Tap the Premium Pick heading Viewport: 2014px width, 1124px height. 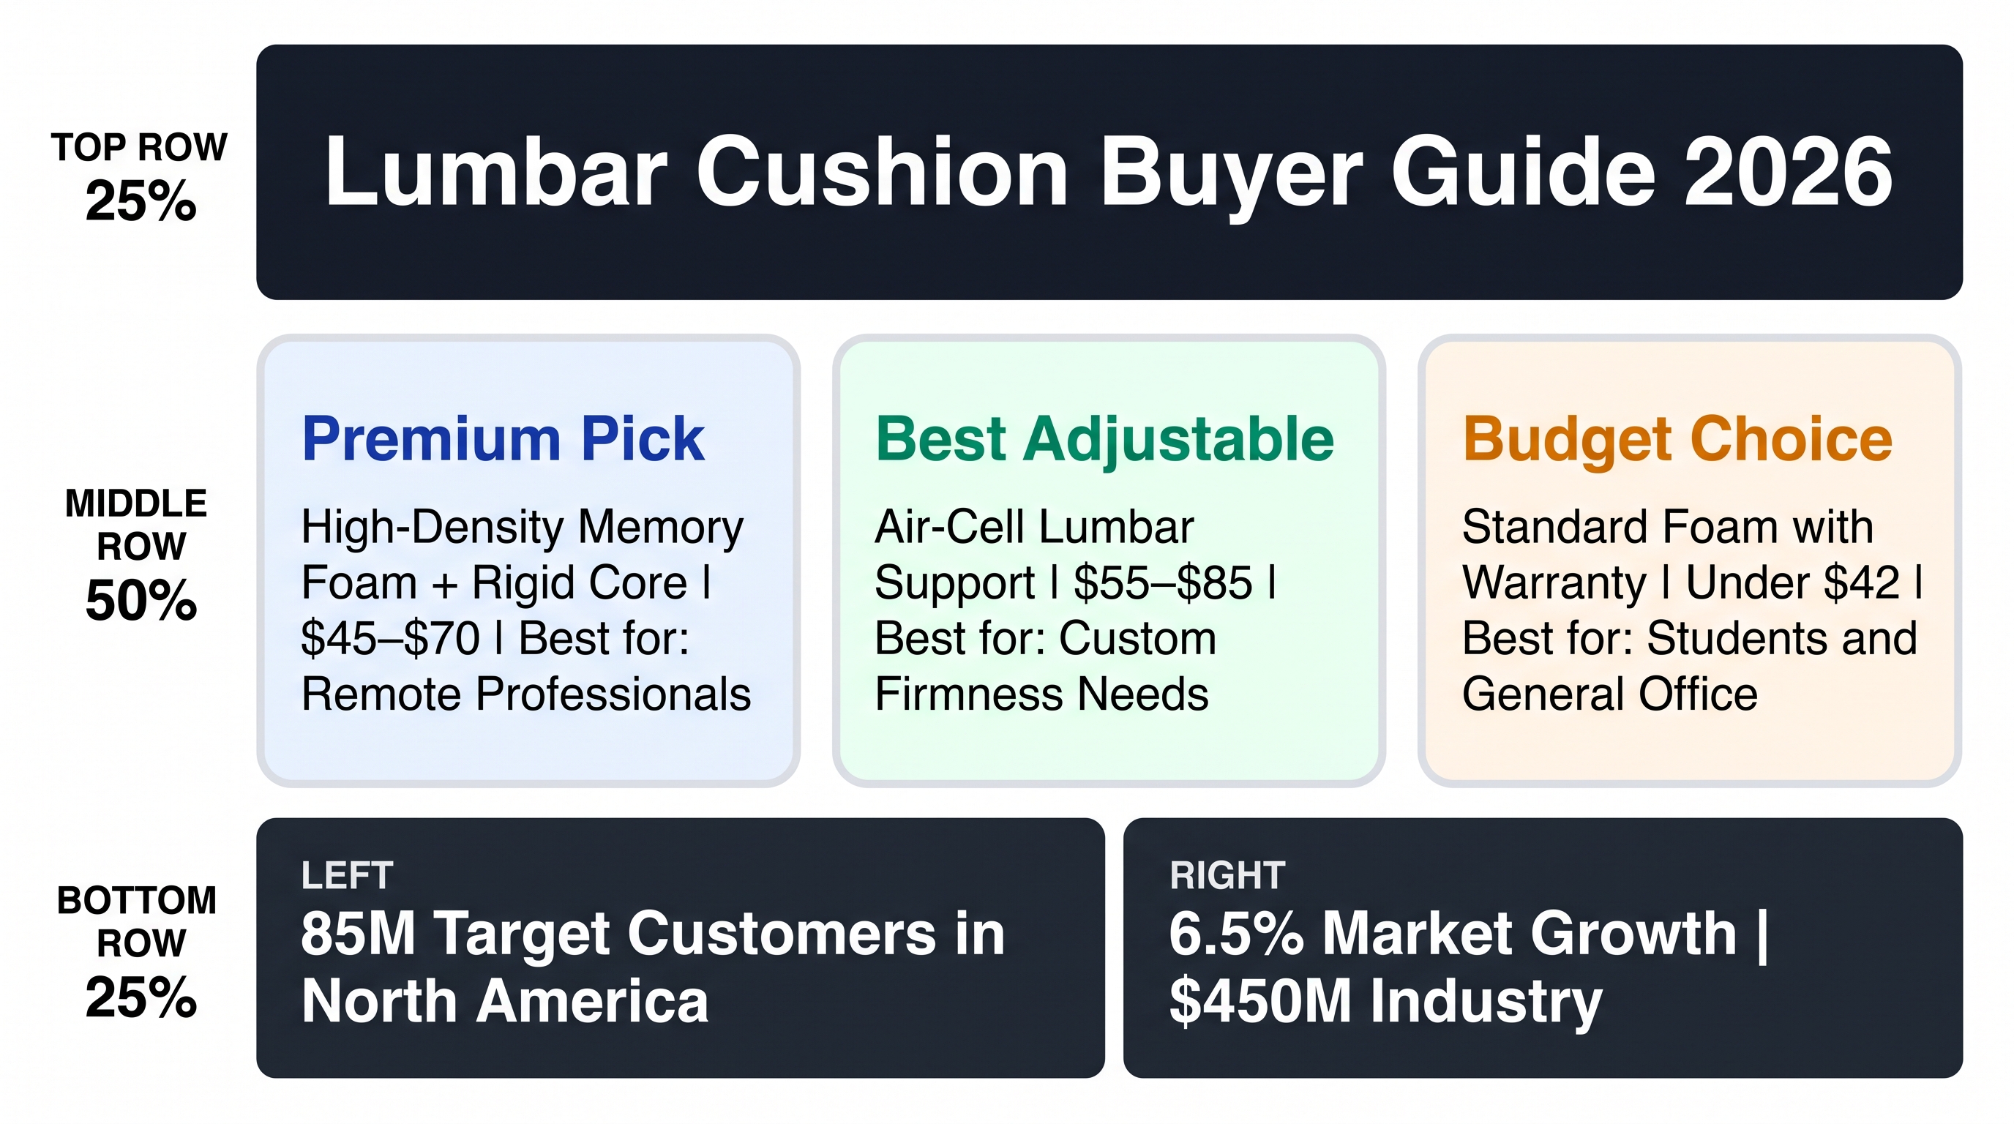[503, 439]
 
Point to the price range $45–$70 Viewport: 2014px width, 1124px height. [390, 639]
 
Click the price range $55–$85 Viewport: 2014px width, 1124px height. [1164, 583]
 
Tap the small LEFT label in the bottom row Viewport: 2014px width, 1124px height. [347, 875]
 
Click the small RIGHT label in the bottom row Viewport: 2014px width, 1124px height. [1227, 875]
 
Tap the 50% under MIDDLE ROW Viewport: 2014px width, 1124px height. [141, 601]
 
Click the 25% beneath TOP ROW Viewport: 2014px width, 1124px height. [141, 201]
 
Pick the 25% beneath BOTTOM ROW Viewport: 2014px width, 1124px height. [141, 997]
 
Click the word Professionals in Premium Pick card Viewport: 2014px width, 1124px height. [613, 695]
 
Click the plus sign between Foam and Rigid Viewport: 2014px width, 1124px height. [444, 585]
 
